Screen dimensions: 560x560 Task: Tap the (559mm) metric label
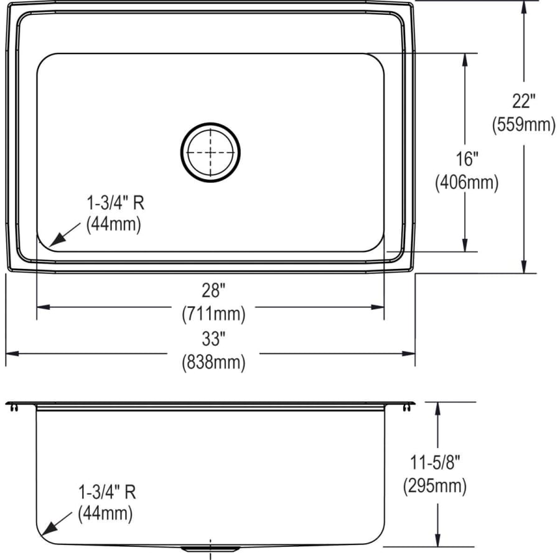(x=523, y=124)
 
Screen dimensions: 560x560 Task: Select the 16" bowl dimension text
(x=467, y=159)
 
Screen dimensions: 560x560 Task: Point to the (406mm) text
(x=467, y=182)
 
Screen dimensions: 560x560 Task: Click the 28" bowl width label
(x=213, y=290)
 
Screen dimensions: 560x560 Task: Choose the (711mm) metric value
(x=213, y=314)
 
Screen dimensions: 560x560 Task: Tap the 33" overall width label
(x=213, y=338)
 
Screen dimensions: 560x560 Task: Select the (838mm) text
(x=213, y=363)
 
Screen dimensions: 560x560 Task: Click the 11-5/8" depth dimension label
(x=435, y=462)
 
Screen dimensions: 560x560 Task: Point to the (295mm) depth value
(x=435, y=486)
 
